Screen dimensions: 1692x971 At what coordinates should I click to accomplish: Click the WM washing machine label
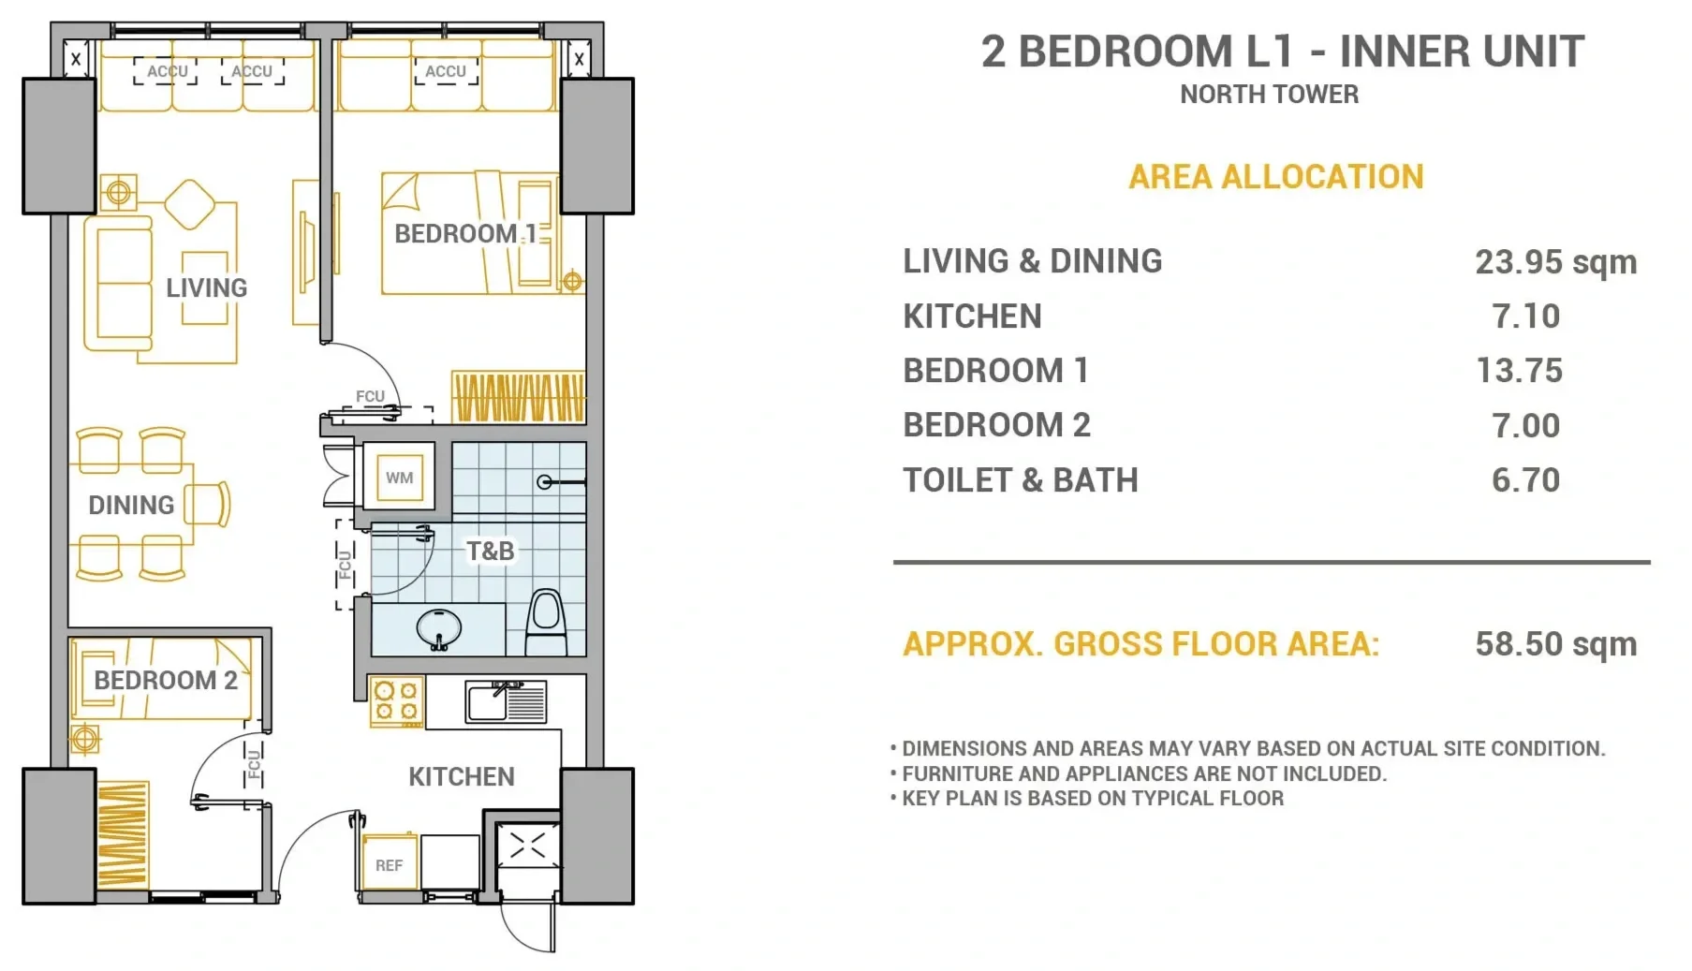click(x=400, y=478)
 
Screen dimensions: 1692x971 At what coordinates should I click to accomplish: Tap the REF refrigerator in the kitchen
click(x=390, y=862)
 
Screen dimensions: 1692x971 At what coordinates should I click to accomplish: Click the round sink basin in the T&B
click(x=438, y=628)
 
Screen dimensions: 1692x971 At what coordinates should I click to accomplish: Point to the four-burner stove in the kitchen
click(x=397, y=702)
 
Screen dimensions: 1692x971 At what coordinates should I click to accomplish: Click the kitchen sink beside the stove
click(x=506, y=701)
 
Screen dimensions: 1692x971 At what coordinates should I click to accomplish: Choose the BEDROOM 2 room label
click(x=166, y=680)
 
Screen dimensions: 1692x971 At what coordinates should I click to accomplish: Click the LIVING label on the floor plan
click(x=207, y=287)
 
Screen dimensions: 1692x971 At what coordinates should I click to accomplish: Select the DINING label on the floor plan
click(x=131, y=505)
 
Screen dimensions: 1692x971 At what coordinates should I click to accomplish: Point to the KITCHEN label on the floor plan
click(x=462, y=776)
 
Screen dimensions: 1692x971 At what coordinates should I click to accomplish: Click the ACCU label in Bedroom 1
click(x=446, y=71)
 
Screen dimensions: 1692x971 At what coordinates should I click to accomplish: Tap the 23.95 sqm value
click(x=1556, y=261)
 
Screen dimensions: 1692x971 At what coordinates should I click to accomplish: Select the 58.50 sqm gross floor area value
click(x=1556, y=643)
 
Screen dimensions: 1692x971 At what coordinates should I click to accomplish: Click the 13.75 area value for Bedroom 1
click(x=1520, y=370)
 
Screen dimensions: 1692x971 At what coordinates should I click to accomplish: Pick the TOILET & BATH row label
click(x=1021, y=479)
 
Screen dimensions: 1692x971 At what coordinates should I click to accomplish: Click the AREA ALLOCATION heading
click(x=1275, y=176)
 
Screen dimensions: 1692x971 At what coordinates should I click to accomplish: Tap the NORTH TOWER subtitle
click(x=1269, y=94)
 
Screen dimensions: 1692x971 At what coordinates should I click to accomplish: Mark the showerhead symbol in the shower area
click(x=545, y=482)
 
